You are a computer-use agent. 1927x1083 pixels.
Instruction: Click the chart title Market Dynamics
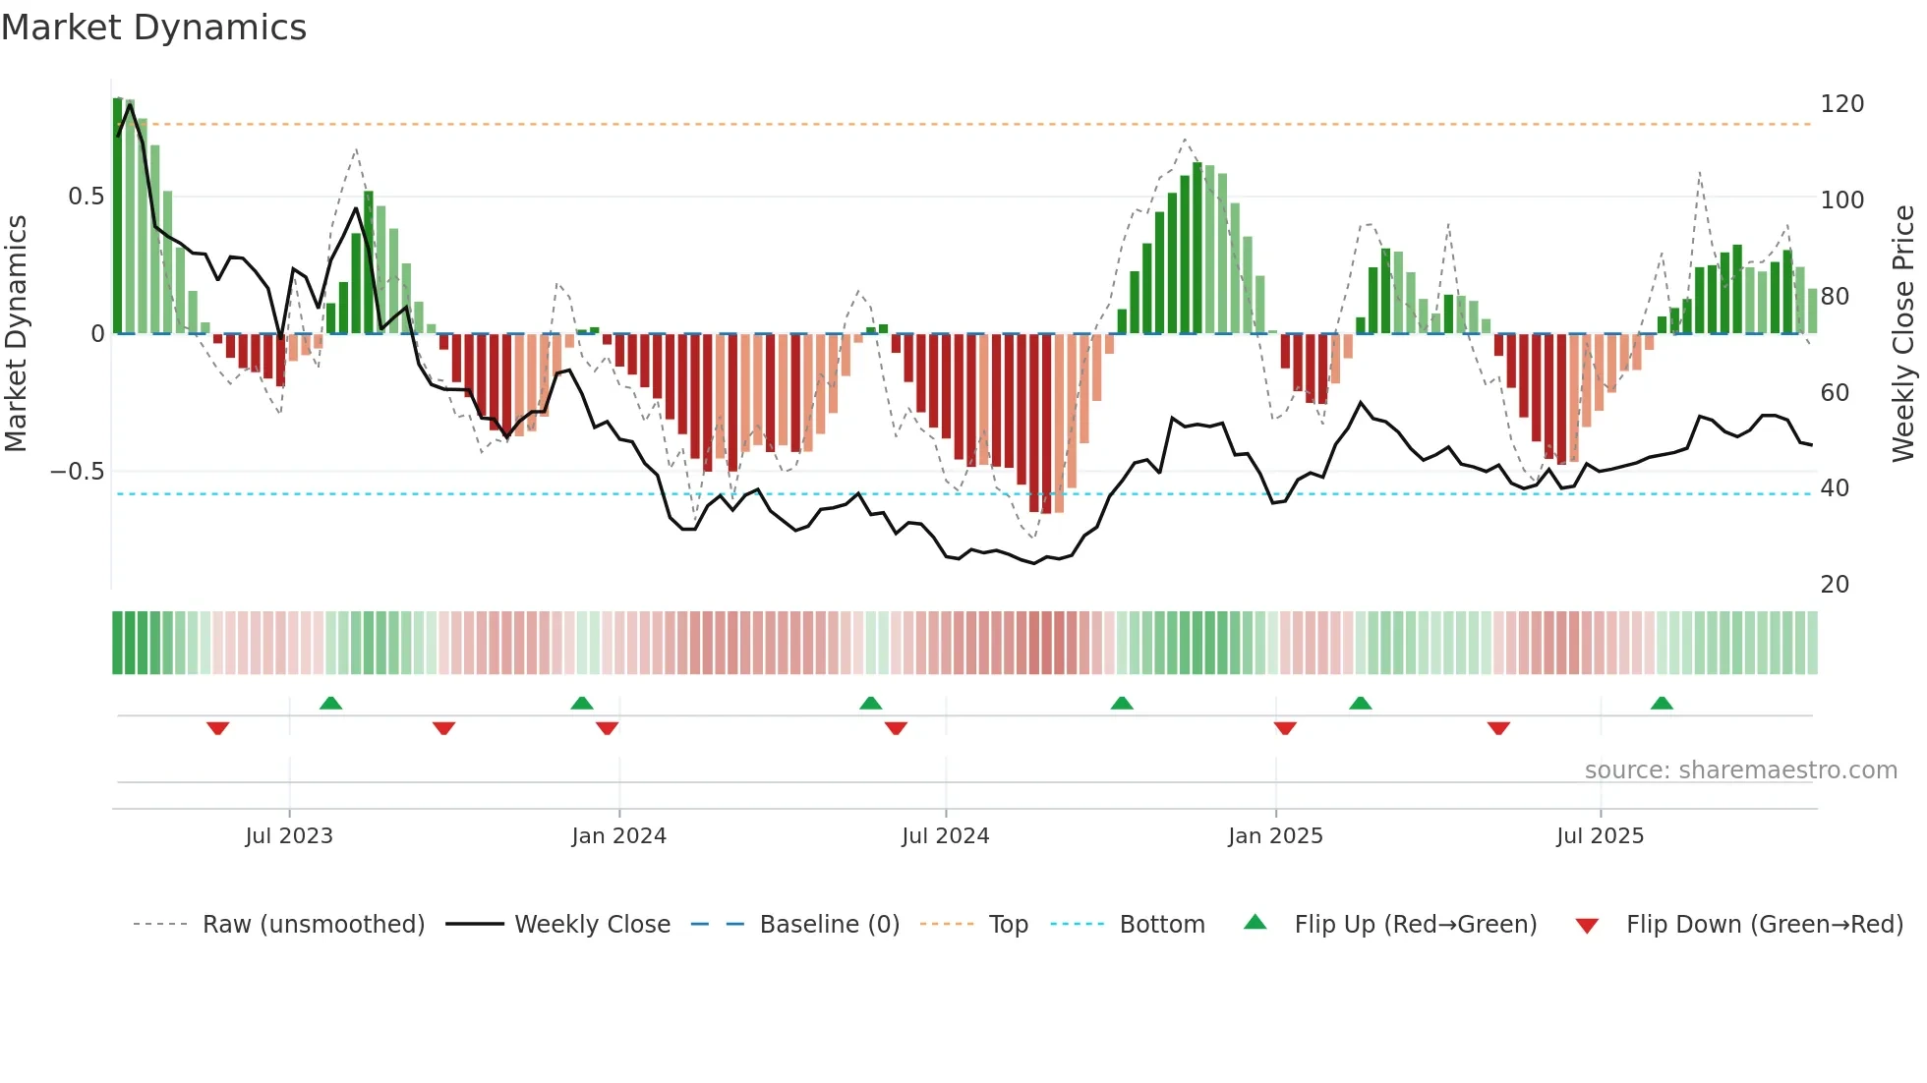point(153,28)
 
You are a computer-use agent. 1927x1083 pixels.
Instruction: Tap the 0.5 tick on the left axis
point(86,197)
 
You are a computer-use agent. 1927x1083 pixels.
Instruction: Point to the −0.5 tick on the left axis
point(77,472)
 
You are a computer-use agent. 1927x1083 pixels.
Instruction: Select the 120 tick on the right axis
point(1841,104)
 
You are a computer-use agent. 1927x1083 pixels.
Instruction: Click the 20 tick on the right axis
point(1835,585)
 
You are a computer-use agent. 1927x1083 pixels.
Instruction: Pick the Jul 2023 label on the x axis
point(289,836)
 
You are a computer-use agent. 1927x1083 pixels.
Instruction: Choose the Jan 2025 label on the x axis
point(1275,836)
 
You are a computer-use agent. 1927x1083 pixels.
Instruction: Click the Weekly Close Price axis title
point(1903,334)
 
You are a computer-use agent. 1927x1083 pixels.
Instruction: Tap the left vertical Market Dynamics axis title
point(16,334)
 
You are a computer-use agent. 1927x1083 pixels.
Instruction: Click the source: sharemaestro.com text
point(1740,770)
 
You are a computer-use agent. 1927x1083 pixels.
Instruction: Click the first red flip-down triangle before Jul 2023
point(218,728)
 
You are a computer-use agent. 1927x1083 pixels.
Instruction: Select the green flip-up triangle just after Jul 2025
point(1662,703)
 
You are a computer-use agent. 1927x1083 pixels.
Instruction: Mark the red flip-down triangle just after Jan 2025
point(1285,728)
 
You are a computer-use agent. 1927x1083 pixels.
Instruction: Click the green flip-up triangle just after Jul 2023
point(330,703)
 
